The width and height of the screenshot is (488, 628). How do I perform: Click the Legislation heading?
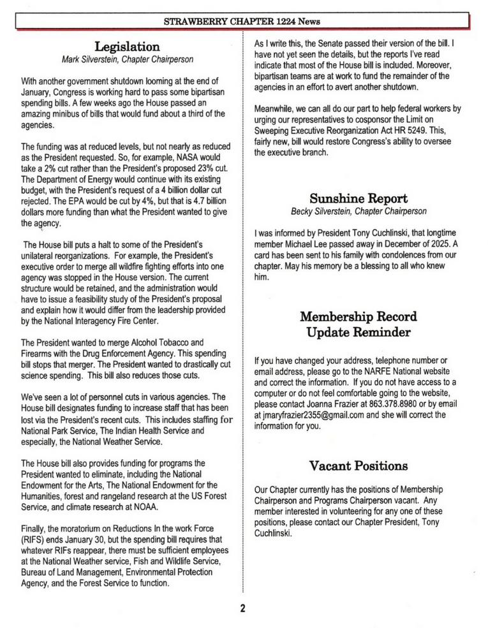pos(127,47)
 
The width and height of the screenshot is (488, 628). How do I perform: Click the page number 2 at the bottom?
pos(243,608)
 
